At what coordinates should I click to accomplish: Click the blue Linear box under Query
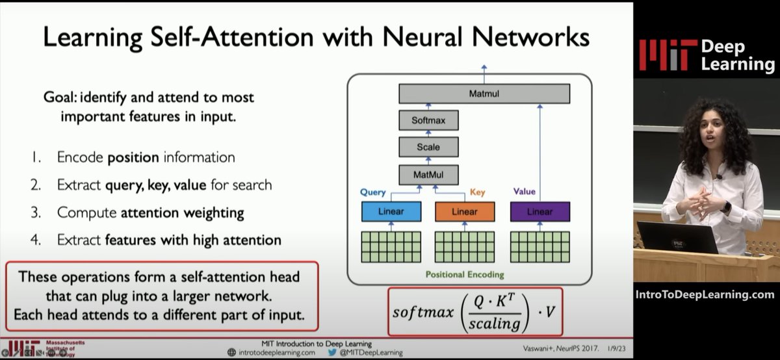(x=391, y=212)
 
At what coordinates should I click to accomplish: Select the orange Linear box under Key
(x=464, y=212)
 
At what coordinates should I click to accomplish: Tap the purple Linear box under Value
(x=539, y=212)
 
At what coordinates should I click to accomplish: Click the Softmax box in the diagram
(x=427, y=120)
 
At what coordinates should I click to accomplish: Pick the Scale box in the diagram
(x=427, y=147)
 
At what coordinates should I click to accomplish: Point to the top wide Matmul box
(x=484, y=94)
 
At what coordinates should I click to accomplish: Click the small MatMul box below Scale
(x=427, y=174)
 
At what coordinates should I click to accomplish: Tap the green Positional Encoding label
(x=465, y=274)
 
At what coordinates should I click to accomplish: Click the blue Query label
(x=373, y=192)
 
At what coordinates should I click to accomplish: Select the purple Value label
(x=524, y=192)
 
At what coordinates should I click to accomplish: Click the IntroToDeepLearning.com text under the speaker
(x=705, y=294)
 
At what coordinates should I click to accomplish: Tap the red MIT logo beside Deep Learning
(x=662, y=55)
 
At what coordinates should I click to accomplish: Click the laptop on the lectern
(x=676, y=238)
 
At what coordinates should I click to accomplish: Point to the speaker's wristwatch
(x=726, y=207)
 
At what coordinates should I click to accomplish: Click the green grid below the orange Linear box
(x=464, y=246)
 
